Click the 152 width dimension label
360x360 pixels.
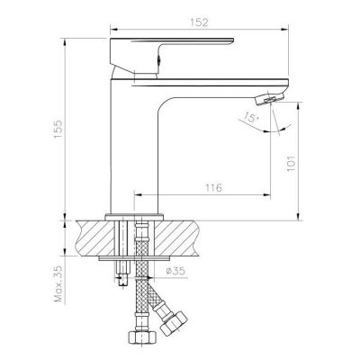[199, 22]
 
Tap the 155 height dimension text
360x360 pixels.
[58, 130]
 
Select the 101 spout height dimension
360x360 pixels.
[292, 164]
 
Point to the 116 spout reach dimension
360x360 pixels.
[213, 188]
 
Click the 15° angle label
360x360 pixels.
[251, 117]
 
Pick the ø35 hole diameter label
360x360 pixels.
[175, 271]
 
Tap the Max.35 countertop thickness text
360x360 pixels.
[59, 283]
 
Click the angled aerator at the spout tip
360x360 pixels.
[269, 99]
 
